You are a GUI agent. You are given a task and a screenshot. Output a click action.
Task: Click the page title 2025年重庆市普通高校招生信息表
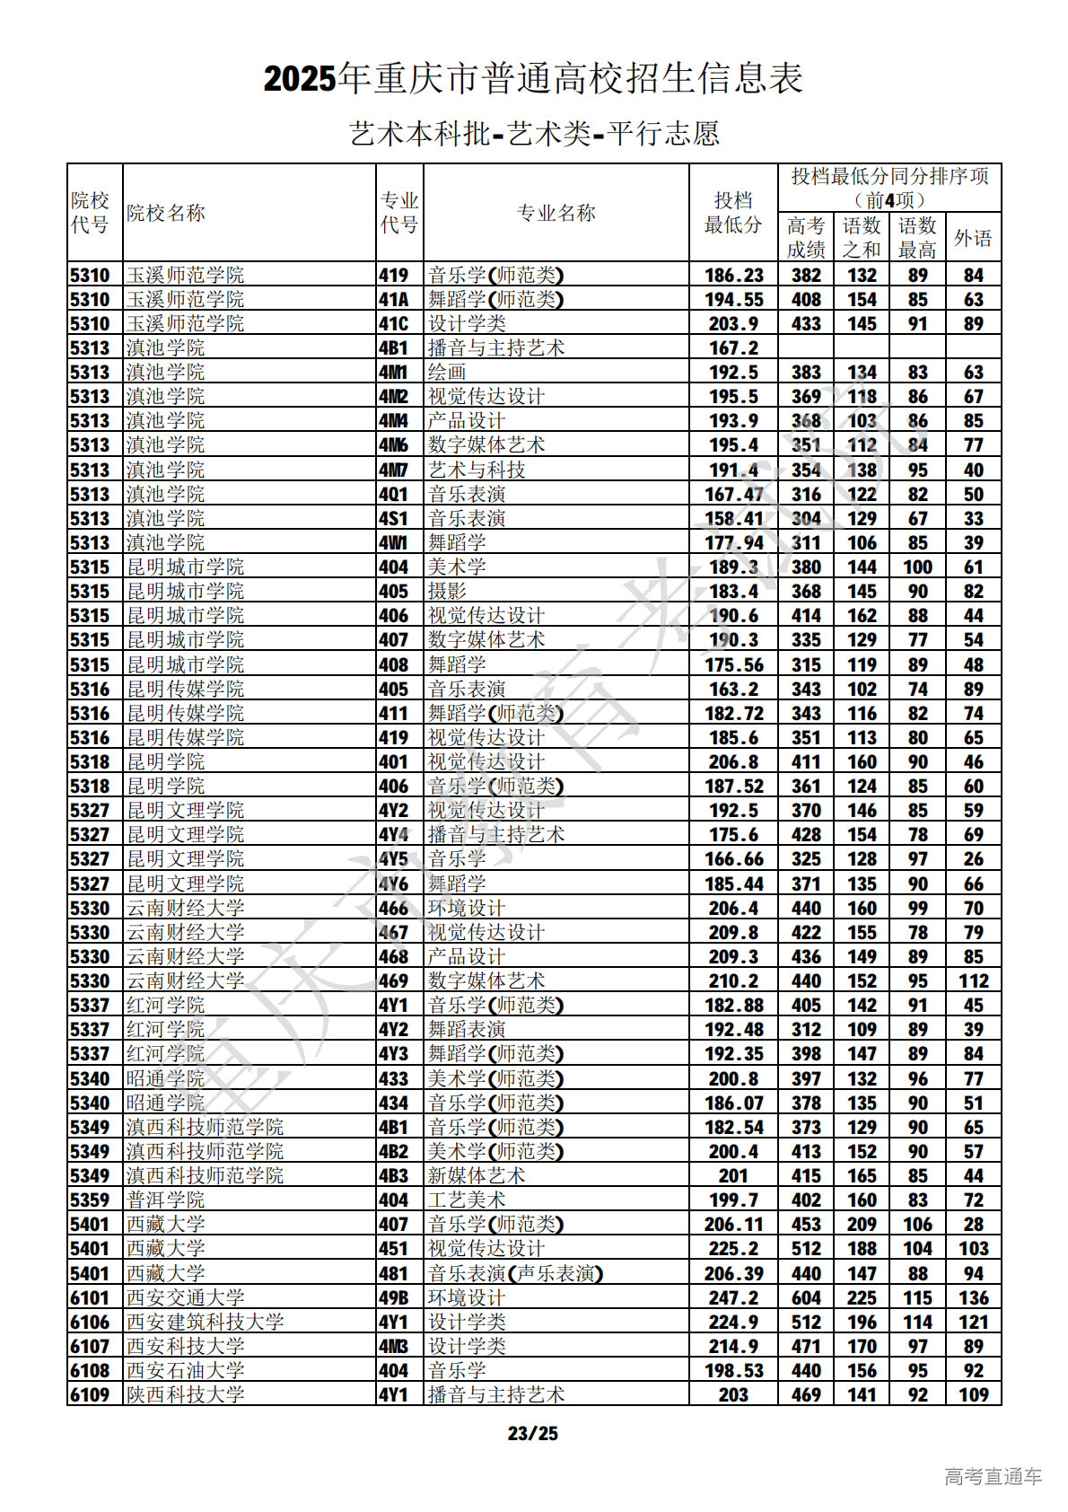[533, 79]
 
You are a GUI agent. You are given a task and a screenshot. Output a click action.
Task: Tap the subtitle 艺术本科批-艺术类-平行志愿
[534, 134]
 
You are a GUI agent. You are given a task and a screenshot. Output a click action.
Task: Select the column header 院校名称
[166, 213]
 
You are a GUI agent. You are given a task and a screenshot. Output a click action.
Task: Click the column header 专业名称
[556, 213]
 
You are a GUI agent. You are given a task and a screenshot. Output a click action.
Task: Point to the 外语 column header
[973, 238]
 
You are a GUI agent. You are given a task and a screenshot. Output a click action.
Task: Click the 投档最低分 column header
[732, 213]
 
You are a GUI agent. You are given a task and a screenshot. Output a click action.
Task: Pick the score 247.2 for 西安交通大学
[732, 1297]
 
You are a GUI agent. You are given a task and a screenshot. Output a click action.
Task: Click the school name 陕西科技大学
[185, 1394]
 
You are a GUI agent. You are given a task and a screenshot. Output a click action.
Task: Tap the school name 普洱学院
[165, 1200]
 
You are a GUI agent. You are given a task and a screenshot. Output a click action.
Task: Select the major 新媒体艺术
[477, 1175]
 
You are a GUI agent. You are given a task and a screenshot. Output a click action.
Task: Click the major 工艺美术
[467, 1200]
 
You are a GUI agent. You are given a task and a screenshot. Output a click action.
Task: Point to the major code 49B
[394, 1297]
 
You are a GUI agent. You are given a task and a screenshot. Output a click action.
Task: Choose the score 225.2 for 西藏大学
[732, 1248]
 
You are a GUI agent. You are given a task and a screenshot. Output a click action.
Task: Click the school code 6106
[90, 1322]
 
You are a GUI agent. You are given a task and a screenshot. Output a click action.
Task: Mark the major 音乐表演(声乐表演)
[515, 1273]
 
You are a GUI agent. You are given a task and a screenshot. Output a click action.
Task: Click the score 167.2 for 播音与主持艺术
[732, 347]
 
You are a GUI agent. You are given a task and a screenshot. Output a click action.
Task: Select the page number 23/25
[533, 1433]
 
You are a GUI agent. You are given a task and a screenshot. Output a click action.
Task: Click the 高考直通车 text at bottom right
[993, 1476]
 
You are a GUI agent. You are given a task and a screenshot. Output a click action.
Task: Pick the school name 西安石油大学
[185, 1370]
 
